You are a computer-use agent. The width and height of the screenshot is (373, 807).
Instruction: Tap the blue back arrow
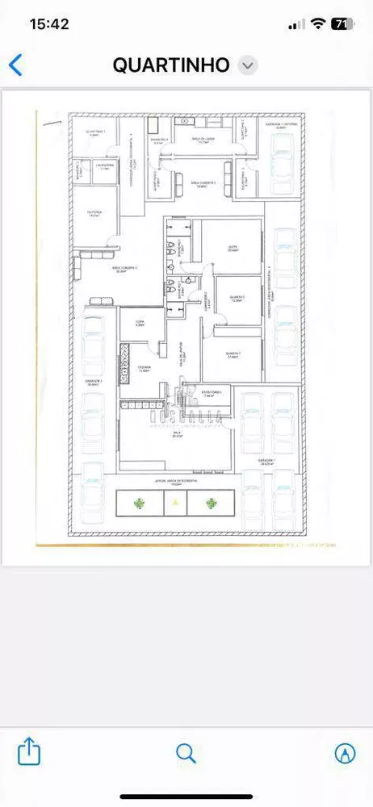[x=15, y=65]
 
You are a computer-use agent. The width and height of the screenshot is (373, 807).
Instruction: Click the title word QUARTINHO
[x=171, y=65]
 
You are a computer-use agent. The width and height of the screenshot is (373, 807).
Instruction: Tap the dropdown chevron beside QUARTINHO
[x=249, y=66]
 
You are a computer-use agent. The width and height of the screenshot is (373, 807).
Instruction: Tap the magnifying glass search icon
[x=186, y=753]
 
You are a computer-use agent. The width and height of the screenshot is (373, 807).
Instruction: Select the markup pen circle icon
[x=345, y=753]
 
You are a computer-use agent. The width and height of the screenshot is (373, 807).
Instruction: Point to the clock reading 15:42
[x=48, y=24]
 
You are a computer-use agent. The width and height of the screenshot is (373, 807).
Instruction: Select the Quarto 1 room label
[x=233, y=355]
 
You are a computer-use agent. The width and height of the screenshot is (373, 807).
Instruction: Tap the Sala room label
[x=177, y=435]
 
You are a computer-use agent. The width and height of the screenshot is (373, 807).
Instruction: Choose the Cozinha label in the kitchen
[x=144, y=369]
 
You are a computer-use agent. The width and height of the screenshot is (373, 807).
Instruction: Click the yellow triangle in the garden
[x=175, y=503]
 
